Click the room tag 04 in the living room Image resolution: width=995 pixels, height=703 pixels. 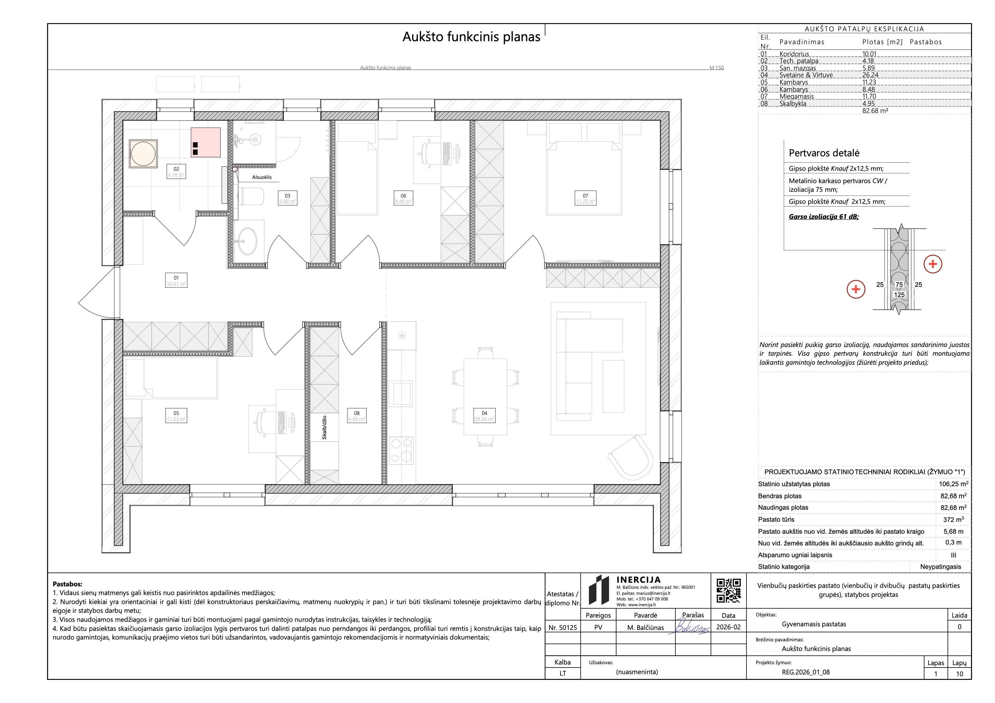484,416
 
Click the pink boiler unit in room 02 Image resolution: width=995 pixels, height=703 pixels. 206,142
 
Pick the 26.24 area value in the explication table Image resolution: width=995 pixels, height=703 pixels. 870,75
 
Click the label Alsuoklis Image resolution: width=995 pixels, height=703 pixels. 262,177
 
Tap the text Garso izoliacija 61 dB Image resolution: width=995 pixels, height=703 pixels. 824,216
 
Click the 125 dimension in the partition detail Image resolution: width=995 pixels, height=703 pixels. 899,295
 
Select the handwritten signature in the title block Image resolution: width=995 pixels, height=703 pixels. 692,628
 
